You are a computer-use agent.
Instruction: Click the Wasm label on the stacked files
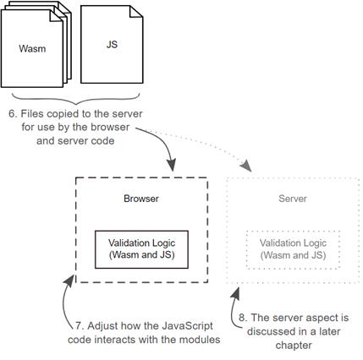click(x=32, y=48)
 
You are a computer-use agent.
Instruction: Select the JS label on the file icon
click(x=112, y=44)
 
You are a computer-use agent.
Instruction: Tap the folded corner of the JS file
click(x=136, y=12)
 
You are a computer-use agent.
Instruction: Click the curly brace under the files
click(x=75, y=99)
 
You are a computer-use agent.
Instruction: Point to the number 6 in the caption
click(x=13, y=113)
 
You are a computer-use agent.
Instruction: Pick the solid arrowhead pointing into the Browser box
click(x=171, y=165)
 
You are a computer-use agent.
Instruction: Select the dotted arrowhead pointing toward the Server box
click(x=246, y=166)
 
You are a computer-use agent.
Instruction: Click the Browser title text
click(x=141, y=199)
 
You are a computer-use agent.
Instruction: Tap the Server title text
click(x=293, y=199)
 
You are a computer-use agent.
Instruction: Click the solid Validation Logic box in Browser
click(x=141, y=249)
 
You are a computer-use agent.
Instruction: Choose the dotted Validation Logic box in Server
click(x=293, y=249)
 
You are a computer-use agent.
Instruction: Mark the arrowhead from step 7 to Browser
click(x=69, y=281)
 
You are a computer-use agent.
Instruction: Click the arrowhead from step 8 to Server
click(x=236, y=293)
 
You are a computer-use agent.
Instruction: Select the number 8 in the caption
click(x=243, y=318)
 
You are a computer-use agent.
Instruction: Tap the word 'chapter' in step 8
click(x=294, y=346)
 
